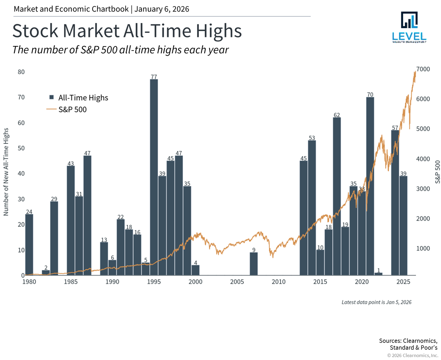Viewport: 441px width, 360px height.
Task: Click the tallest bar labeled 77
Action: pyautogui.click(x=154, y=177)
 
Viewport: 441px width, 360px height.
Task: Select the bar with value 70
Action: pyautogui.click(x=370, y=186)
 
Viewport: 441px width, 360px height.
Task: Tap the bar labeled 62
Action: pyautogui.click(x=337, y=196)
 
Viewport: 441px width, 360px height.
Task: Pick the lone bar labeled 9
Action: pyautogui.click(x=253, y=264)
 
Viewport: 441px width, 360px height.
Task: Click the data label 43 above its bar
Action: pyautogui.click(x=70, y=164)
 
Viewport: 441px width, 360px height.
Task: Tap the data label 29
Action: pyautogui.click(x=54, y=199)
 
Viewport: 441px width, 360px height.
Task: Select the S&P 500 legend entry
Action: pyautogui.click(x=72, y=109)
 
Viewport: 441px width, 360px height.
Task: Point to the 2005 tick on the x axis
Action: pyautogui.click(x=237, y=282)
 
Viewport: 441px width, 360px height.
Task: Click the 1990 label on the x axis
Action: pyautogui.click(x=112, y=282)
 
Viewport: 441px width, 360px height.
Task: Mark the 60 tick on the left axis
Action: pyautogui.click(x=21, y=123)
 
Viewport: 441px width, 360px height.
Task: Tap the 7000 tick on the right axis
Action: pyautogui.click(x=423, y=69)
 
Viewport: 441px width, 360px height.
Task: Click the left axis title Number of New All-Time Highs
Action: pyautogui.click(x=6, y=172)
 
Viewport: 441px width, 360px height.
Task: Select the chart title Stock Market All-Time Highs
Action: pyautogui.click(x=127, y=31)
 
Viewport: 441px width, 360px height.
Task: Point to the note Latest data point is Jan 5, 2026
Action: pyautogui.click(x=376, y=302)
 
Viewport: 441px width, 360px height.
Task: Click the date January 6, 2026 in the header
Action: pyautogui.click(x=162, y=9)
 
